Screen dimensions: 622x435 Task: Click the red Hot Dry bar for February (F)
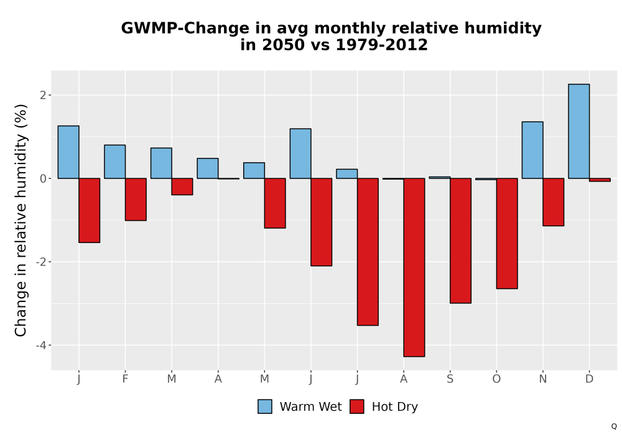(136, 199)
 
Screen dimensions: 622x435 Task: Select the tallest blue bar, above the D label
(578, 131)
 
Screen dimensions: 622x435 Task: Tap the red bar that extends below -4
(414, 267)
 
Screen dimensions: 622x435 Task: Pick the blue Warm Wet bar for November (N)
(532, 150)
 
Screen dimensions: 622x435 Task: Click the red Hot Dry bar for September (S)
(460, 240)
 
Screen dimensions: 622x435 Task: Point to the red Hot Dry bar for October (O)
(507, 234)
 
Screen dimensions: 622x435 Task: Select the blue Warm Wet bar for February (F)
(115, 162)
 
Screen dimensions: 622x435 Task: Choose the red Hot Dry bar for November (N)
(554, 202)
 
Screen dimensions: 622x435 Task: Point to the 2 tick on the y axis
(43, 95)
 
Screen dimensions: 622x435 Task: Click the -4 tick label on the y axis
(41, 345)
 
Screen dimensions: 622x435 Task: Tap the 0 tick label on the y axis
(43, 179)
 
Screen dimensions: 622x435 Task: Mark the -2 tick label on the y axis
(41, 262)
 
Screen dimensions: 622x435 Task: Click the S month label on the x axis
(450, 379)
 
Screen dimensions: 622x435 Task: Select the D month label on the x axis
(589, 379)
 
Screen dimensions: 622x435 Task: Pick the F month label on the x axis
(125, 379)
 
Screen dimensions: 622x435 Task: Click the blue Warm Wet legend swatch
(265, 406)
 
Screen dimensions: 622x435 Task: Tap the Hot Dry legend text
(395, 407)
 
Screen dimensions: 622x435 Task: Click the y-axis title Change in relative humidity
(21, 220)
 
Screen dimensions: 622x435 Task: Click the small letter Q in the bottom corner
(614, 426)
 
